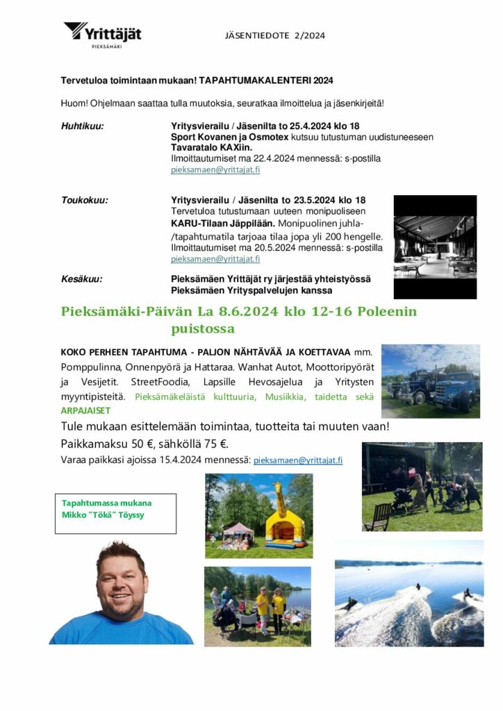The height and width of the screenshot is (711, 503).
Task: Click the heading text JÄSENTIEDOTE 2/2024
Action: (x=274, y=35)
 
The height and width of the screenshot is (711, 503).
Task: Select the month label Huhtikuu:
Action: (x=82, y=126)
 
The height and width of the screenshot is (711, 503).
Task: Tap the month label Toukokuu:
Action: (x=85, y=200)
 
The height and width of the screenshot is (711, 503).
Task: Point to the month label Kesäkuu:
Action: (x=82, y=278)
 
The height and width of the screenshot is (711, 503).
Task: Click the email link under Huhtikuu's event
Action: (x=215, y=169)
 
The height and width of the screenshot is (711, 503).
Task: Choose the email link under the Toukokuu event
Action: (x=215, y=259)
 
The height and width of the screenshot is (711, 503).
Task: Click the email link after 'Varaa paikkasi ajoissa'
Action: (x=297, y=460)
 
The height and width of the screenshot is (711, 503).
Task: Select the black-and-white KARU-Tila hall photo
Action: (x=435, y=246)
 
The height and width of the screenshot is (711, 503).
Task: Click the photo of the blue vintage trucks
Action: (x=430, y=381)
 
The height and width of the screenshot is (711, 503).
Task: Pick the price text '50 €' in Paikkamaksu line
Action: (x=144, y=444)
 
